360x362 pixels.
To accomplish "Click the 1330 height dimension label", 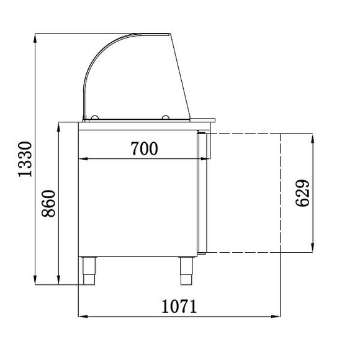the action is (x=25, y=160).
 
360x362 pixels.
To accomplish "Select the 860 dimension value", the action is (x=48, y=204).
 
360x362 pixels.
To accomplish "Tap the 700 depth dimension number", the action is (x=145, y=148).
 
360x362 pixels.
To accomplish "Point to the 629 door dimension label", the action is (x=302, y=192).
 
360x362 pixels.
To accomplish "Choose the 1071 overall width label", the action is (x=179, y=306).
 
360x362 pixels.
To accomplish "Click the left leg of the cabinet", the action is (x=89, y=271).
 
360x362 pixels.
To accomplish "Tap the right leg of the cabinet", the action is (x=186, y=271).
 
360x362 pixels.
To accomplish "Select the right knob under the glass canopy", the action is (x=166, y=117).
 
